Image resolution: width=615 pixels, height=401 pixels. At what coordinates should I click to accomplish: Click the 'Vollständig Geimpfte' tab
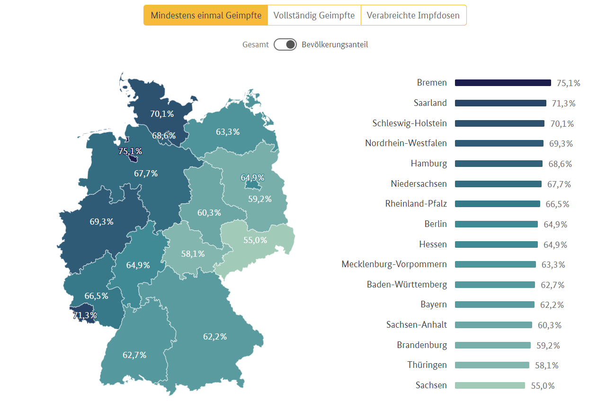click(x=314, y=15)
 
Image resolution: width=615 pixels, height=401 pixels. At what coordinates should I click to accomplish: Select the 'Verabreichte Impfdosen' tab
click(x=413, y=15)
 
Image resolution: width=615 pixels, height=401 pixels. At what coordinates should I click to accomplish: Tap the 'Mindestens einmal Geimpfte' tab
click(x=206, y=15)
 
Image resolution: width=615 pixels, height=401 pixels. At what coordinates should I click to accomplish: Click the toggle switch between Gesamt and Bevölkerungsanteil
click(x=285, y=44)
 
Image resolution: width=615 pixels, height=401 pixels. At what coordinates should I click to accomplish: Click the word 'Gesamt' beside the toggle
click(x=256, y=45)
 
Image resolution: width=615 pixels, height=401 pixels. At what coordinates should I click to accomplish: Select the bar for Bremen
click(x=503, y=83)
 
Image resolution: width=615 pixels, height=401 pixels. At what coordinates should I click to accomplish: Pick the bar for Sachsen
click(x=490, y=385)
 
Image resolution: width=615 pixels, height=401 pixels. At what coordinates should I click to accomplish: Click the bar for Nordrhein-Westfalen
click(x=499, y=143)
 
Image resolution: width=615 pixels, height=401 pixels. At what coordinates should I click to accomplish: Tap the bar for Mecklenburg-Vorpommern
click(x=495, y=264)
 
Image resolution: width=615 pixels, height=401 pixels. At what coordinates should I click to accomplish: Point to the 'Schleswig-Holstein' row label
click(x=410, y=123)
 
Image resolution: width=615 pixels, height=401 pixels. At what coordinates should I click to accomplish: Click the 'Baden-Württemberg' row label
click(x=407, y=285)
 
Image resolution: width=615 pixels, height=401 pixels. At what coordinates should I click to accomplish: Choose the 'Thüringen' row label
click(x=427, y=365)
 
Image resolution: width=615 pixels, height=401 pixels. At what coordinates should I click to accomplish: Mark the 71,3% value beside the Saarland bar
click(x=563, y=104)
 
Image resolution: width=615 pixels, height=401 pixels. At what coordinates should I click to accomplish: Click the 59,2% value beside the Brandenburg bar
click(x=548, y=346)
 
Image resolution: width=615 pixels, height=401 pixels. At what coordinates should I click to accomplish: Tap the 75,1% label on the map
click(x=130, y=151)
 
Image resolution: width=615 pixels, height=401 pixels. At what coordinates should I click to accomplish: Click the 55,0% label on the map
click(x=255, y=240)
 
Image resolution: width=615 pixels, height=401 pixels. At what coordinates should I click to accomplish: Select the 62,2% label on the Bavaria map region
click(x=215, y=337)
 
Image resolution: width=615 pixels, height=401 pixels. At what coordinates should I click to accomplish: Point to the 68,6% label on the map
click(x=164, y=136)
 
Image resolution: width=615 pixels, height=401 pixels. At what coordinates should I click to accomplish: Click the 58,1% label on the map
click(x=193, y=254)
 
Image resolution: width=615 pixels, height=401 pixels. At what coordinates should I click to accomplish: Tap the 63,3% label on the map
click(x=228, y=132)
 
